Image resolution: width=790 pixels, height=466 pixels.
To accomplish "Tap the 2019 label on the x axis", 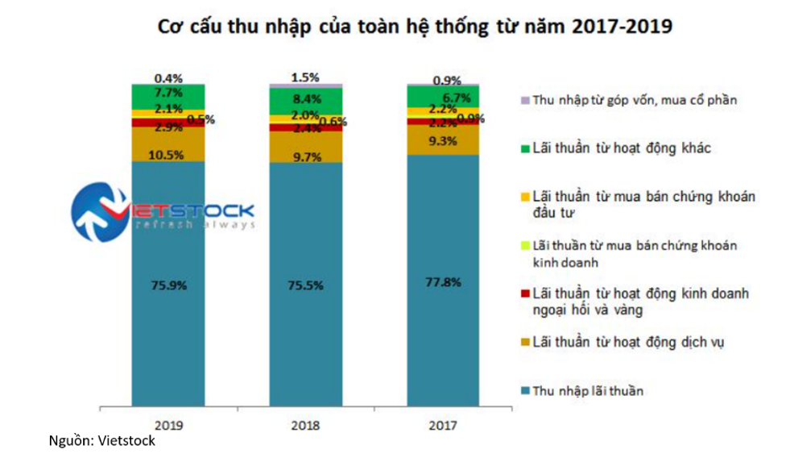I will pos(168,425).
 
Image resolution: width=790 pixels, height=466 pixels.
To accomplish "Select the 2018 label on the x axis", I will pos(306,425).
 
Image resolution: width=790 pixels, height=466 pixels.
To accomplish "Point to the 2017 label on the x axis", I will pos(443,425).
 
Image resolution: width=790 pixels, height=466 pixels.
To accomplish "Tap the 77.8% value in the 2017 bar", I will pos(443,282).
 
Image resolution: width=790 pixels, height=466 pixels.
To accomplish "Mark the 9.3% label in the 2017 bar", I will pos(443,141).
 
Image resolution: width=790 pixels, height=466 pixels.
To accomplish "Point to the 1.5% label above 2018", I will pos(306,77).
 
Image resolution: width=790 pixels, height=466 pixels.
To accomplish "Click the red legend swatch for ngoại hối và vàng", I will pos(525,294).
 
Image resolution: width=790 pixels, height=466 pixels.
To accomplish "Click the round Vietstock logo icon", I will pos(98,209).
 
